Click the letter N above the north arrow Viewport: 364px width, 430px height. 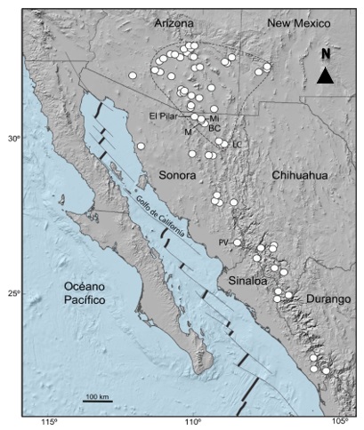coord(326,53)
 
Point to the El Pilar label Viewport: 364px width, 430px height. coord(165,116)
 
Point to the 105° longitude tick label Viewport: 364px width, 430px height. coord(341,422)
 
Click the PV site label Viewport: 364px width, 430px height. coord(223,241)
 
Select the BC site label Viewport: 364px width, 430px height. coord(214,129)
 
